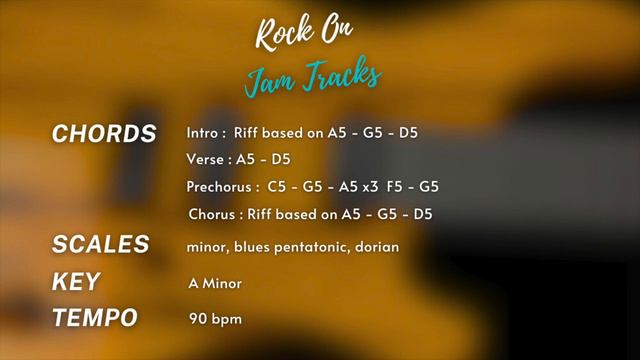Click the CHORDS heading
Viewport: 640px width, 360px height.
(104, 134)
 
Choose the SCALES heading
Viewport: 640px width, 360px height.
(100, 245)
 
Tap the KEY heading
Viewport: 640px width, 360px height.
(75, 283)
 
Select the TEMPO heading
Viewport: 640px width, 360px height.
(94, 319)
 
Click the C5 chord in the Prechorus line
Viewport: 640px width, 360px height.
(277, 187)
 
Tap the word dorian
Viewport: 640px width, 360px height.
(376, 246)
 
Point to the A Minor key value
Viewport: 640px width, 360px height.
(214, 284)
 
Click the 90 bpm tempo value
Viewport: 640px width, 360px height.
(214, 320)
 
